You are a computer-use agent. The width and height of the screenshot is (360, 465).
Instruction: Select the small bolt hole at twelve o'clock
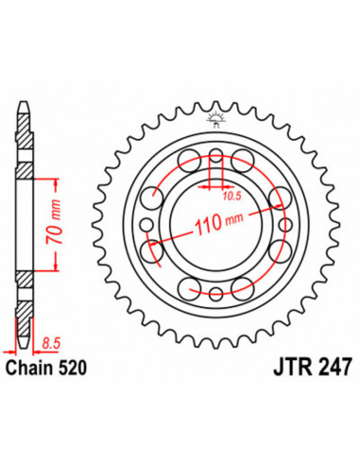tap(215, 155)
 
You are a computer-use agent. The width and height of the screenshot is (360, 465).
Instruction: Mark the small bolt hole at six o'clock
tap(215, 291)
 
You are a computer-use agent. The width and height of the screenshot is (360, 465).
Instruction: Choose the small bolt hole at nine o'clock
tap(147, 223)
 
